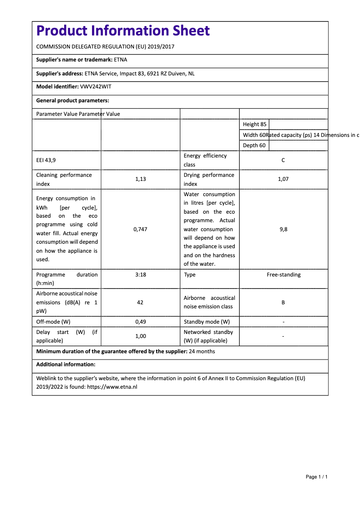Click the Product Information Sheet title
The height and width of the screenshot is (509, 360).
click(x=123, y=31)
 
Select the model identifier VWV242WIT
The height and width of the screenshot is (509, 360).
click(x=96, y=87)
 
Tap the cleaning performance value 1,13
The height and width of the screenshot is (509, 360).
click(x=140, y=179)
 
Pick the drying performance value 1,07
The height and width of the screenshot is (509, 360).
click(x=283, y=179)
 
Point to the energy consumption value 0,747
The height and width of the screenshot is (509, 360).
click(x=140, y=229)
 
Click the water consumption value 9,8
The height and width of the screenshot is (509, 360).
click(x=283, y=229)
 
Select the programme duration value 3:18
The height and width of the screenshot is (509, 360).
click(x=140, y=275)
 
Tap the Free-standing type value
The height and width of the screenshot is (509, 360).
click(x=284, y=275)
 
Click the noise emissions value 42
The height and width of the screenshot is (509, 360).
click(x=140, y=303)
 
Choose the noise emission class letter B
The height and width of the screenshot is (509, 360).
click(x=283, y=303)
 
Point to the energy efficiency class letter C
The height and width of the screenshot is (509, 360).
click(x=283, y=160)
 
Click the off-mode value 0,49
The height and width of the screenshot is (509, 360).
click(x=140, y=322)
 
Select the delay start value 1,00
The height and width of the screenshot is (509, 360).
click(x=140, y=336)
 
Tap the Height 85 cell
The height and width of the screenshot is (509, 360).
click(x=255, y=124)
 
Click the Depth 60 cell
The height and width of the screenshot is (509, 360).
click(x=254, y=145)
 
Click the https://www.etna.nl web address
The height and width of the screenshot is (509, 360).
click(x=112, y=386)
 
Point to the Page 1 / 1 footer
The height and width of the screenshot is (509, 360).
click(x=316, y=477)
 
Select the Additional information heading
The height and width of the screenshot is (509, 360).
click(x=66, y=364)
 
